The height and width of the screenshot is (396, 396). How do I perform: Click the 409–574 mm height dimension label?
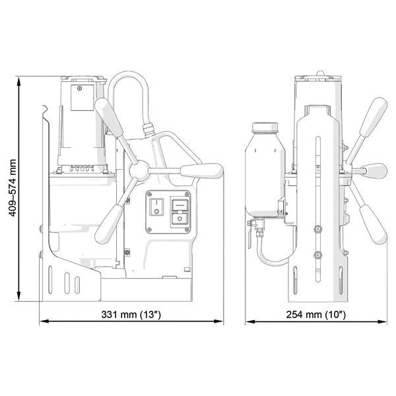click(x=13, y=188)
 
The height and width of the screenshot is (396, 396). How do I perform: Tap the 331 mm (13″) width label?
click(x=131, y=314)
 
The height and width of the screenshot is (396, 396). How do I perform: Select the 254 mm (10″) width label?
click(x=316, y=314)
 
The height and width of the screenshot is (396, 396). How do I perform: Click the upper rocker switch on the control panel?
click(x=180, y=205)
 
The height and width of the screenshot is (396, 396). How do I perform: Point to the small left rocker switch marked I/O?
click(x=156, y=207)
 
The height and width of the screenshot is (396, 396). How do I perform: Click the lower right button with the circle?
click(x=180, y=218)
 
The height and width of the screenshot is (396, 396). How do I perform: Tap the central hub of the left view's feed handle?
click(x=139, y=171)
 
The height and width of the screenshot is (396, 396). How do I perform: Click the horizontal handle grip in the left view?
click(x=202, y=171)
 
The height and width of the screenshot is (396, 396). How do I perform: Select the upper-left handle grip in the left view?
click(x=109, y=117)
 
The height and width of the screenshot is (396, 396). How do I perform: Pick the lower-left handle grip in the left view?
click(x=109, y=224)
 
